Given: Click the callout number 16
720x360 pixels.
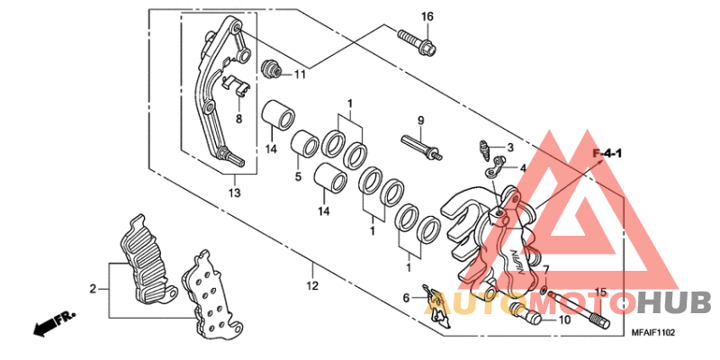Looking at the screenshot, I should pos(427,17).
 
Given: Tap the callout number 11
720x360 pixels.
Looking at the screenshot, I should pos(300,74).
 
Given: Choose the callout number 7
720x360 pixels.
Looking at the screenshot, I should pos(545,271).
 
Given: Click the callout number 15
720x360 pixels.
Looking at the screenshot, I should pos(600,292).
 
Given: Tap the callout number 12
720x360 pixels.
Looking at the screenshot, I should pos(312,286).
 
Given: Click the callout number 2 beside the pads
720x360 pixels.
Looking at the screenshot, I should pos(92,289).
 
